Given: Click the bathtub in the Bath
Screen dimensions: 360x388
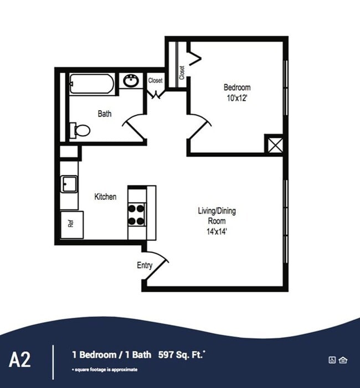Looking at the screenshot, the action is [92, 84].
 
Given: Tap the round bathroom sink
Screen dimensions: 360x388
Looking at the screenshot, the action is [131, 81].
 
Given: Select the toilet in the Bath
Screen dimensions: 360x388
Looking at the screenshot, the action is [80, 130].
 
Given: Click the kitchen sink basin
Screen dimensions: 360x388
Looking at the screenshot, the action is [69, 184].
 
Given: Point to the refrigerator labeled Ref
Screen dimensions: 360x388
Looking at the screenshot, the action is [72, 225].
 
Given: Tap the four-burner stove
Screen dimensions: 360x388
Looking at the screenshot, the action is [136, 214].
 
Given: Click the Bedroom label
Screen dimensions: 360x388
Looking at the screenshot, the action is [237, 87].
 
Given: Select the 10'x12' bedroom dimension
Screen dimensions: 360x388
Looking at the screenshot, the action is [237, 98].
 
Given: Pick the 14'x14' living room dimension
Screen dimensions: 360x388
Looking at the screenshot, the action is [217, 231].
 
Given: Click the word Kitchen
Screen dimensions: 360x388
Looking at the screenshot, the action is [105, 196].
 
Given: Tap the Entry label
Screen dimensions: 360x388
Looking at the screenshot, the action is [145, 265].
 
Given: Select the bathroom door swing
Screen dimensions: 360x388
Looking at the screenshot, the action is [133, 127].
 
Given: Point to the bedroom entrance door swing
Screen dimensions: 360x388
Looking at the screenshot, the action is [200, 126].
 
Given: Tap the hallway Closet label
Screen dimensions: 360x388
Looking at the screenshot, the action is [156, 80].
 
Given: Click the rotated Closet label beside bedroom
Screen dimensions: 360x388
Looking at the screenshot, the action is [182, 73].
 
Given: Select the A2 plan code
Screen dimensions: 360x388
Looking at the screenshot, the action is [20, 359].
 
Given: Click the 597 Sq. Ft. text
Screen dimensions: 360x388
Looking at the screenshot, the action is [181, 355].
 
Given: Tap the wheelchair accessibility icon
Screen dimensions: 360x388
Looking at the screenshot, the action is [332, 360].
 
